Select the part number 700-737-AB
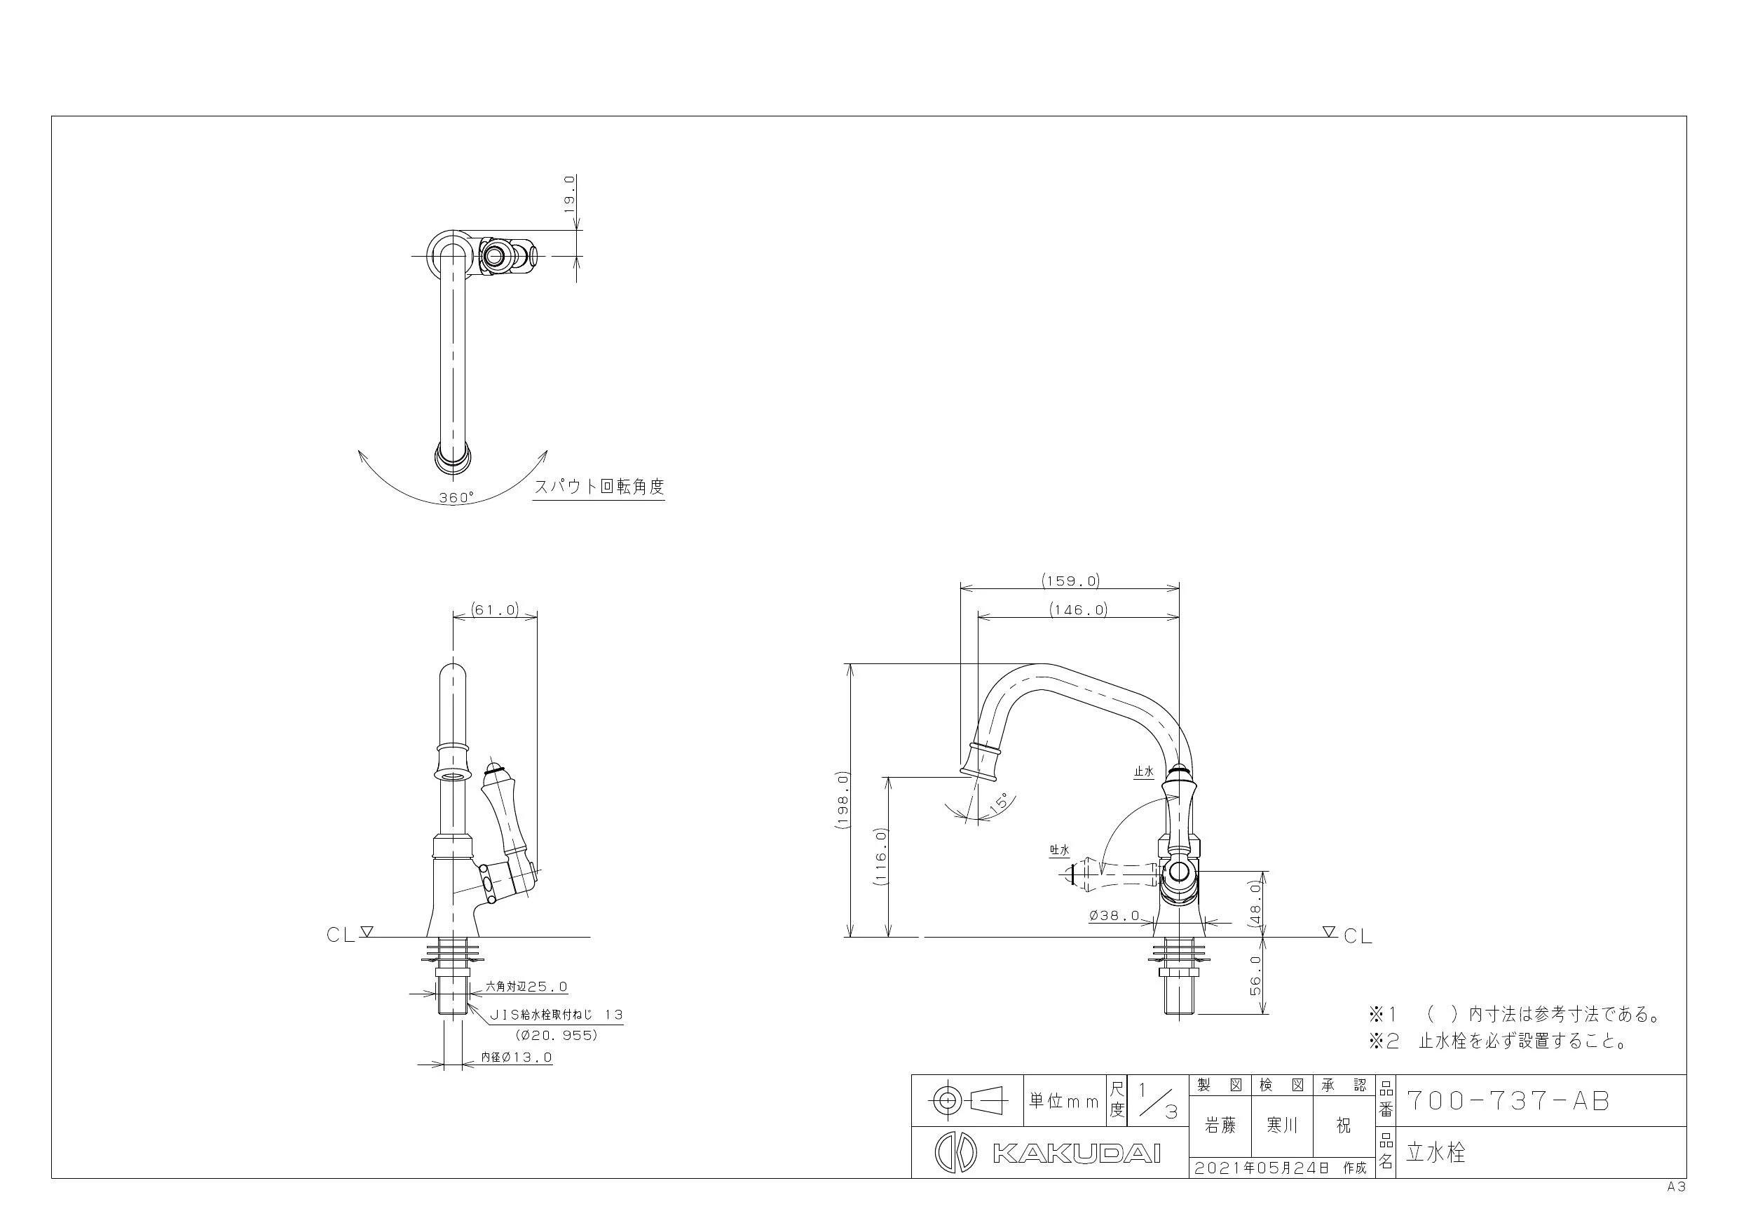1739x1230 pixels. (x=1508, y=1101)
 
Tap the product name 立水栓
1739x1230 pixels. (x=1436, y=1153)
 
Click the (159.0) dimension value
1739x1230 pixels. (x=1070, y=581)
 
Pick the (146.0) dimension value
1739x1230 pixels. (x=1079, y=609)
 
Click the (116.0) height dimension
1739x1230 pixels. (x=880, y=857)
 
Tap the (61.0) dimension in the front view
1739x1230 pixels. (x=495, y=609)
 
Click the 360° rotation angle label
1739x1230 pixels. (x=456, y=498)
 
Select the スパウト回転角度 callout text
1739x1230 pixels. (x=599, y=487)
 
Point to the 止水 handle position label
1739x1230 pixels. (x=1144, y=772)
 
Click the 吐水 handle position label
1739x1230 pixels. (x=1059, y=851)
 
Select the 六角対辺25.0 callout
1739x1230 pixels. (x=526, y=987)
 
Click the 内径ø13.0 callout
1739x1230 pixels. (x=517, y=1057)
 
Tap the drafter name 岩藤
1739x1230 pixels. (x=1220, y=1127)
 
